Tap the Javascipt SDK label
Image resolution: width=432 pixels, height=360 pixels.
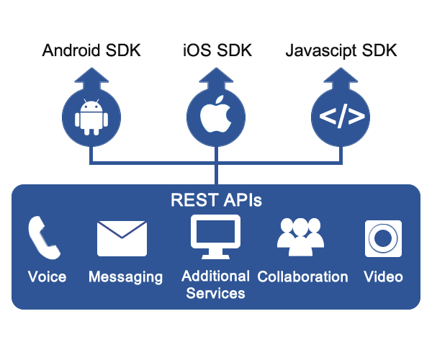342,51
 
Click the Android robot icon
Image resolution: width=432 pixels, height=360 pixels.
91,117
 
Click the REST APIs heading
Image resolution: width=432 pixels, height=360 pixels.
216,200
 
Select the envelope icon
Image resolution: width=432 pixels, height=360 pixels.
122,238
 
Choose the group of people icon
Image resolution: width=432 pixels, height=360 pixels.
301,237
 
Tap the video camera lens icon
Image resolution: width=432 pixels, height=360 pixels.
383,238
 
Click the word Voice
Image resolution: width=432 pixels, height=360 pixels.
47,276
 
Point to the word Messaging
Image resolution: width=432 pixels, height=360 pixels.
125,277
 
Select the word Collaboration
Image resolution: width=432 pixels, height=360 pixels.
302,276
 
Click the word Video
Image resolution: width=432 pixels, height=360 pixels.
383,276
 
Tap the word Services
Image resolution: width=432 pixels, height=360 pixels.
215,293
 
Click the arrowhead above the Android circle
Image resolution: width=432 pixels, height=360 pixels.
91,76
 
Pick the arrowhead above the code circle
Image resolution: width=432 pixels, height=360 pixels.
342,76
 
